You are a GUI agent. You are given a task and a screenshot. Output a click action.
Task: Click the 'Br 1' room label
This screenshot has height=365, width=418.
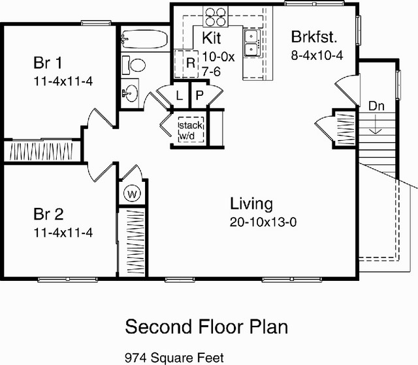(x=48, y=63)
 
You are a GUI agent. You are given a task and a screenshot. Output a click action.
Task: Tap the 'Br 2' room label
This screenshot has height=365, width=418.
(x=48, y=214)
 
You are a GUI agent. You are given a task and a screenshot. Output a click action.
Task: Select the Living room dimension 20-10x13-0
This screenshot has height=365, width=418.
(x=263, y=222)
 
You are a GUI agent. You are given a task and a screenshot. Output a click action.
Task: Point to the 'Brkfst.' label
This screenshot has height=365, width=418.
(x=314, y=36)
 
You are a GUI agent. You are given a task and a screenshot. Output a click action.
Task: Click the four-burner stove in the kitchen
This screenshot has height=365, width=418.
(x=216, y=17)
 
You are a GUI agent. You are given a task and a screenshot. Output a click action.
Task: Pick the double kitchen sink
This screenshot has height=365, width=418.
(x=252, y=43)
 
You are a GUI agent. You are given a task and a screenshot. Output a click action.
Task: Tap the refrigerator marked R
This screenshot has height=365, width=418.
(x=186, y=64)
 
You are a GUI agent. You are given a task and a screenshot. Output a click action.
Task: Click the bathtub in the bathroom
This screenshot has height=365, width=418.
(x=145, y=39)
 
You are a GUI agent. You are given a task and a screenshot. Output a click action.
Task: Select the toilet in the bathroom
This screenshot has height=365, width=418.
(x=133, y=65)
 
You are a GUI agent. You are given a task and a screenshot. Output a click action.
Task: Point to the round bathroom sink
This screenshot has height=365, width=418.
(x=131, y=93)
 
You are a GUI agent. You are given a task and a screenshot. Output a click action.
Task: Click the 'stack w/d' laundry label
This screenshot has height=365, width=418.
(x=191, y=130)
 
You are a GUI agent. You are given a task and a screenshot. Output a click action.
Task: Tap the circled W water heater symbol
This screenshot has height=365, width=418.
(x=132, y=194)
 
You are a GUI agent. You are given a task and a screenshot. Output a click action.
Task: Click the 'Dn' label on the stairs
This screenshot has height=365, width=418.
(x=376, y=106)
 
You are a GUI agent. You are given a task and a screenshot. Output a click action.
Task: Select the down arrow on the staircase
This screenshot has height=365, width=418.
(x=376, y=124)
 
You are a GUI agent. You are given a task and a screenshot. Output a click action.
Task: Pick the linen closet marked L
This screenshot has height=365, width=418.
(x=180, y=95)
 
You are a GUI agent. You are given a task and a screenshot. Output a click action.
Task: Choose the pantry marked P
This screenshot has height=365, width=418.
(x=199, y=95)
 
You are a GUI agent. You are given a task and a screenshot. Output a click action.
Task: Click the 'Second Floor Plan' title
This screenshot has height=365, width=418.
(x=206, y=327)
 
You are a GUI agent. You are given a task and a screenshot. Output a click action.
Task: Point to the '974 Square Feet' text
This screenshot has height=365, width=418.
(x=174, y=358)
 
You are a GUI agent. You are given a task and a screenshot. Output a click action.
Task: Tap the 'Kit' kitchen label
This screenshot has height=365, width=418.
(x=212, y=38)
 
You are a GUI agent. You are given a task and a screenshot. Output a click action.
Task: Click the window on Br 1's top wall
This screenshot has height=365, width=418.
(x=96, y=23)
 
